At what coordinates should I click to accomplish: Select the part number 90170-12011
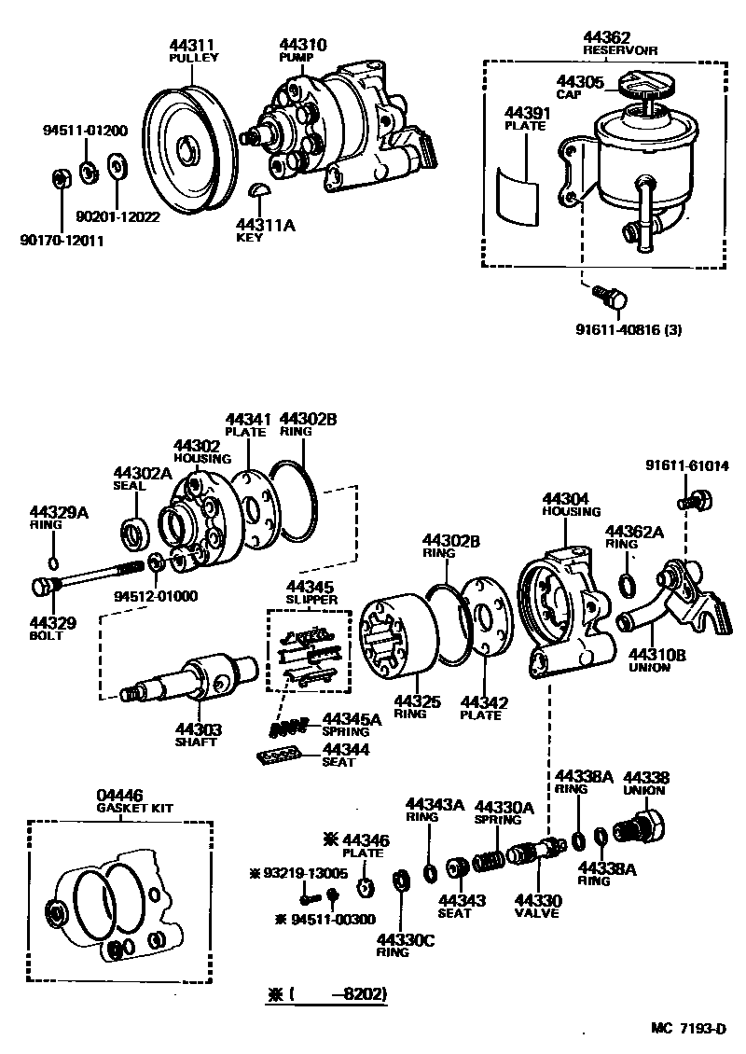tap(61, 241)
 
